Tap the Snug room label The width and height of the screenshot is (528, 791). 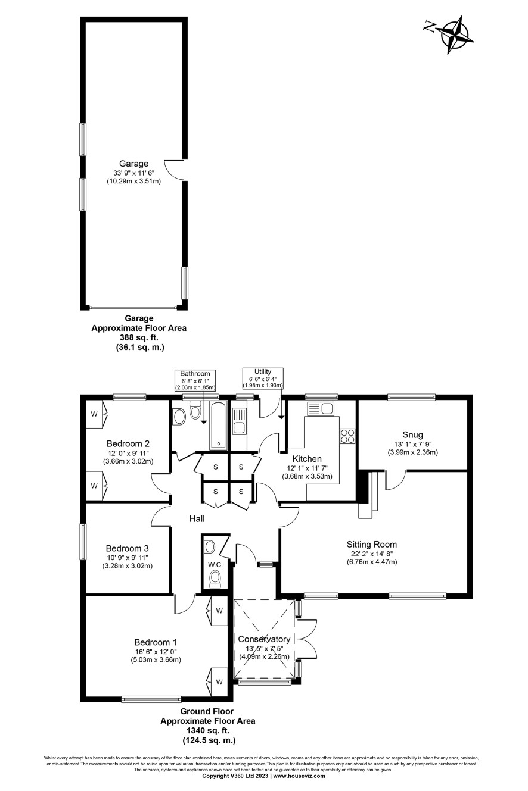pyautogui.click(x=412, y=434)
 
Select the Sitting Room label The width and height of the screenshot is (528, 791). pyautogui.click(x=371, y=544)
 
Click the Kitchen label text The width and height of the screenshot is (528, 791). pyautogui.click(x=307, y=459)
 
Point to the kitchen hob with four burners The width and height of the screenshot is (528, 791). pyautogui.click(x=347, y=436)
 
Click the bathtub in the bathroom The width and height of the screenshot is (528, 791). pyautogui.click(x=219, y=425)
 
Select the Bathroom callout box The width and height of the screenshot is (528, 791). pyautogui.click(x=195, y=380)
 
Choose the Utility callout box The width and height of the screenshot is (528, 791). pyautogui.click(x=263, y=378)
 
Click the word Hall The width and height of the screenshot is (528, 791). pyautogui.click(x=197, y=518)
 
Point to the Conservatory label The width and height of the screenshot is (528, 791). pyautogui.click(x=264, y=639)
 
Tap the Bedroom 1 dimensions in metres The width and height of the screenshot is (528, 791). pyautogui.click(x=156, y=659)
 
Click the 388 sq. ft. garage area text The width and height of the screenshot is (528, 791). pyautogui.click(x=139, y=337)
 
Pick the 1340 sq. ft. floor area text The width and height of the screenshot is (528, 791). pyautogui.click(x=208, y=730)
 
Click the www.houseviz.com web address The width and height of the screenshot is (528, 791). pyautogui.click(x=299, y=776)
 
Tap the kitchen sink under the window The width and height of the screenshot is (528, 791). pyautogui.click(x=321, y=408)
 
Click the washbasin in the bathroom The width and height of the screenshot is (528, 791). pyautogui.click(x=179, y=417)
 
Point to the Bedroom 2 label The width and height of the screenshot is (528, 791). pyautogui.click(x=128, y=443)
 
